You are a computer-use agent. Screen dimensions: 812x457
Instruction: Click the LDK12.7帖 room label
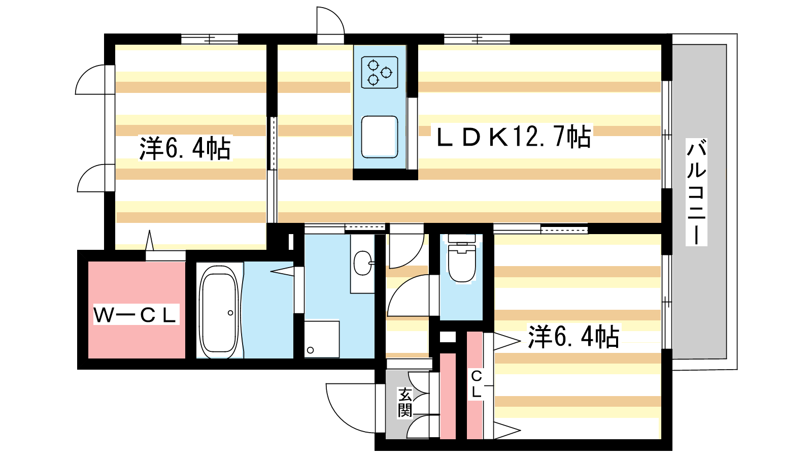point(514,137)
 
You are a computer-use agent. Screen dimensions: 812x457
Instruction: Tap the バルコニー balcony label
point(696,192)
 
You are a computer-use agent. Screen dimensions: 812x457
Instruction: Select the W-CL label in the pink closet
point(137,314)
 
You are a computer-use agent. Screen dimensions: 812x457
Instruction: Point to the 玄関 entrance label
point(405,403)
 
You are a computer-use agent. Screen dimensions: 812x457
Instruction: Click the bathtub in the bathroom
point(219,312)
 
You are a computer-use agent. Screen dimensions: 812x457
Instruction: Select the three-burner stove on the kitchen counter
point(380,73)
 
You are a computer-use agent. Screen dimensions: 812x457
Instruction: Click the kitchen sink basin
point(380,137)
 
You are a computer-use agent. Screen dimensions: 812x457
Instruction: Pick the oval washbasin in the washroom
point(362,263)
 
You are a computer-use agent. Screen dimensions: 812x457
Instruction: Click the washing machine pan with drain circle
point(322,339)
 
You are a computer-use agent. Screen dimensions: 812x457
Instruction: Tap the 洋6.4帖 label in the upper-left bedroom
point(185,148)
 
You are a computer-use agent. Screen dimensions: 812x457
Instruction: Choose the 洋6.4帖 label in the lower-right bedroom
point(573,336)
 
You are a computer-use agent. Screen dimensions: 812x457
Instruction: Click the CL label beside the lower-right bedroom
point(477,384)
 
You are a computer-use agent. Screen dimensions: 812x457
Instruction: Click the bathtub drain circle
point(230,313)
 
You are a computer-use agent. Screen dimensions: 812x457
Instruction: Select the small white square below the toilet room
point(448,337)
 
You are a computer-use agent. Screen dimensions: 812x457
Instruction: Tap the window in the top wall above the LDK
point(477,39)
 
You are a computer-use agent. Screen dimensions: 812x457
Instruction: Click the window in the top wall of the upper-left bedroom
point(210,39)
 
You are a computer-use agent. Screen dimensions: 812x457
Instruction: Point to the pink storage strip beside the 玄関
point(448,396)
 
